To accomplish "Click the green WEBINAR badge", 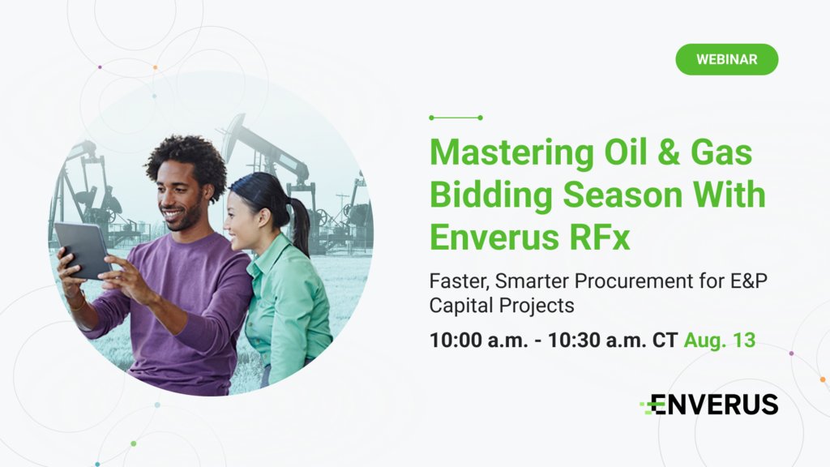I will [x=726, y=59].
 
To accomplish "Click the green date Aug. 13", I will [x=719, y=340].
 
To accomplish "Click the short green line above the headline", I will [x=456, y=118].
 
